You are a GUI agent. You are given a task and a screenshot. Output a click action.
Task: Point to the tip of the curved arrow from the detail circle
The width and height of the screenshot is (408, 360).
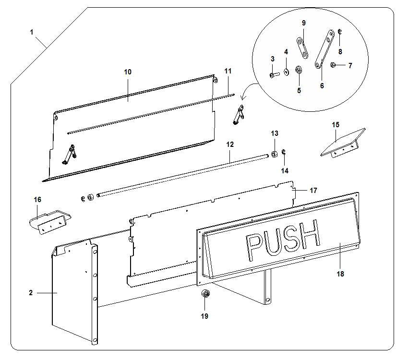241,100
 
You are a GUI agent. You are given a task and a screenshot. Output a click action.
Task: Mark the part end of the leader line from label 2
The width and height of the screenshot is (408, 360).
57,293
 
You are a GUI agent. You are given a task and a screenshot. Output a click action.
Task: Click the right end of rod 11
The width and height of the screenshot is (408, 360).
234,95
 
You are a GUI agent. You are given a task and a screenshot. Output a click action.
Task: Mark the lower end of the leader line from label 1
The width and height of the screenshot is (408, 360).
47,48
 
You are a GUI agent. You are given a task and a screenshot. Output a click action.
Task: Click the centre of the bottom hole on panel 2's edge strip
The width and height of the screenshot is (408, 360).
95,340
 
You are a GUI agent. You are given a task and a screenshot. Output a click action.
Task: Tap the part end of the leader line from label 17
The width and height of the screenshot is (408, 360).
292,191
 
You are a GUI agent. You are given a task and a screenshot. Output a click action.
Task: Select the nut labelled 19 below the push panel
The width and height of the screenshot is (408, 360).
205,294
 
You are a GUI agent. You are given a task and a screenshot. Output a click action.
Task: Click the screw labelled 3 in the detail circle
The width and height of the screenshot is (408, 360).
274,75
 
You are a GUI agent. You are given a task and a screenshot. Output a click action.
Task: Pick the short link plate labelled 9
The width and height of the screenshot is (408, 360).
302,48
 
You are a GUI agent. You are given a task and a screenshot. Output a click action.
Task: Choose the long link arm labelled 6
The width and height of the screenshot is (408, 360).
324,49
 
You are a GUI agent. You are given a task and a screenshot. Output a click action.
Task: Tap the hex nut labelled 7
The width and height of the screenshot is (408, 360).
332,65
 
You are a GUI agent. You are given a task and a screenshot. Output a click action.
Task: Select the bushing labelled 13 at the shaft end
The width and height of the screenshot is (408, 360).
274,155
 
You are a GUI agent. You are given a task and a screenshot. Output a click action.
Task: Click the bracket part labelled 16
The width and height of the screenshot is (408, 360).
49,222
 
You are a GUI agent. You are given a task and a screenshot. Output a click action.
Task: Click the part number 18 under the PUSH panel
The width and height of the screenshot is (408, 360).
340,274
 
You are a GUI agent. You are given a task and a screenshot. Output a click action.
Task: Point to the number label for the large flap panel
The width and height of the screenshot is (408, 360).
128,72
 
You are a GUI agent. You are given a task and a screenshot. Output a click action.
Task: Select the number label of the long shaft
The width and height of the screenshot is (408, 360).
230,144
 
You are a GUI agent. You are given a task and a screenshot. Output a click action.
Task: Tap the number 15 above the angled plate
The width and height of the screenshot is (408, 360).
336,125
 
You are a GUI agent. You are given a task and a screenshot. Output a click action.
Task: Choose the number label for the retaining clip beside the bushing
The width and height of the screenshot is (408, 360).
285,170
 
